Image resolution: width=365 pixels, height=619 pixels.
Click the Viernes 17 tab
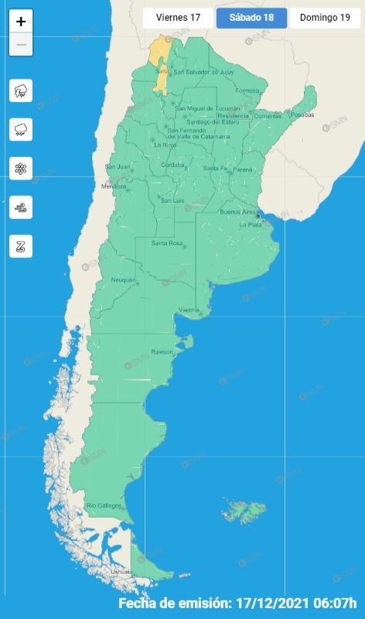point(178,18)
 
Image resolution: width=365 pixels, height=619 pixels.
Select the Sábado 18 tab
point(251,18)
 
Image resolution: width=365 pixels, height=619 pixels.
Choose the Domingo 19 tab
point(325,18)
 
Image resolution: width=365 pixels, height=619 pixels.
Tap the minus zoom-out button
point(21,45)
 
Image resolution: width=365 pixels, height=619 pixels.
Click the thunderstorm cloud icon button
point(21,91)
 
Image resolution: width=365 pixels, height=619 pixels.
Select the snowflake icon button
point(21,169)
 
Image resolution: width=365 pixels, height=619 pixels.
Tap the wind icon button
point(21,207)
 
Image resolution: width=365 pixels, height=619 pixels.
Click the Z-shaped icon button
point(21,247)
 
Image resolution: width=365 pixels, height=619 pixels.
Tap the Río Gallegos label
point(104,505)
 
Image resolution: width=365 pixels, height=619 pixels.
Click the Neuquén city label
point(123,279)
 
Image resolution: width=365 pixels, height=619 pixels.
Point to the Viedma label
point(189,310)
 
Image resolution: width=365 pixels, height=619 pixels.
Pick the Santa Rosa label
point(166,244)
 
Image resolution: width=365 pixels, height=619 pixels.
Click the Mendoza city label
point(113,186)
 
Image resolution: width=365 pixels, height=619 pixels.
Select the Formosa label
point(247,91)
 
